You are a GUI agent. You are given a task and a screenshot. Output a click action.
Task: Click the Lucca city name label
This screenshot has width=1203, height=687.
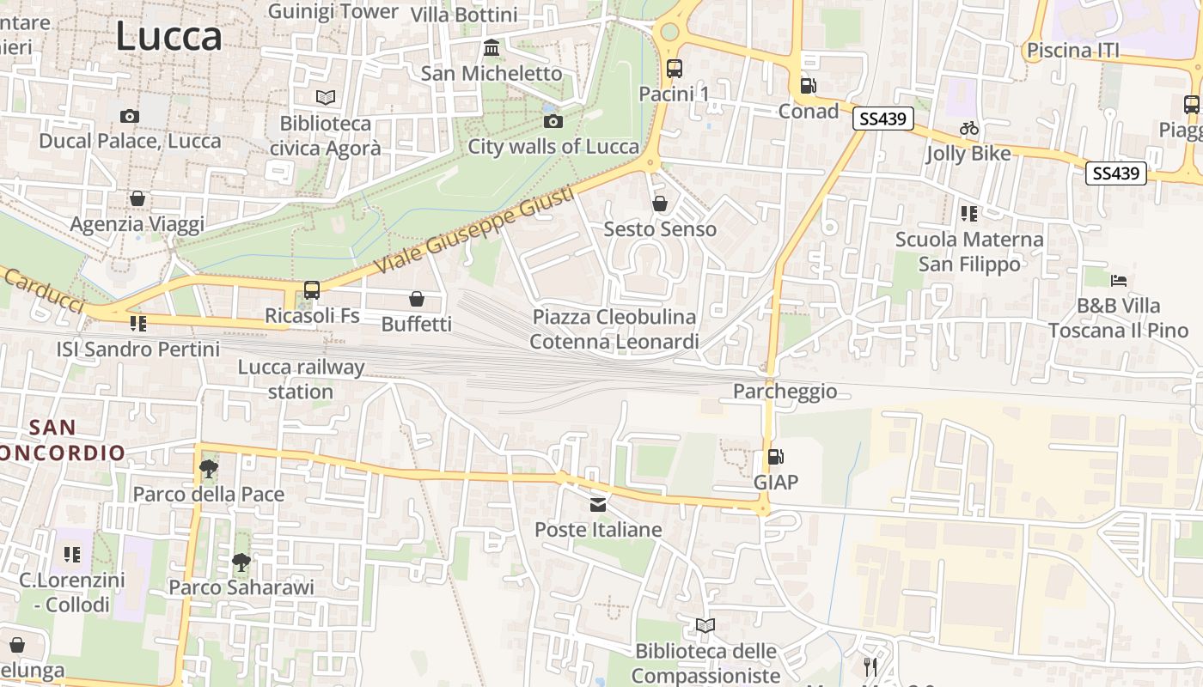point(168,36)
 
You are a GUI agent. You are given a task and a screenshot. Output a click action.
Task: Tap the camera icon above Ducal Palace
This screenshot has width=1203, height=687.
point(130,116)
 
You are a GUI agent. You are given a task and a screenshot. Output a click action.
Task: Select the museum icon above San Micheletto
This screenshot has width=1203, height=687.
point(492,47)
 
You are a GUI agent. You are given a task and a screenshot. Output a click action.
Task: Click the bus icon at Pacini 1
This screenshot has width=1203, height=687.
point(675,69)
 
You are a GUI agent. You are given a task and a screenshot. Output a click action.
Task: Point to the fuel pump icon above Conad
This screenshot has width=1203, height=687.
point(808,85)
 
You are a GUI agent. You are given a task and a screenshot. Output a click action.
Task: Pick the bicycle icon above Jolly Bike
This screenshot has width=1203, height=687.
point(969,128)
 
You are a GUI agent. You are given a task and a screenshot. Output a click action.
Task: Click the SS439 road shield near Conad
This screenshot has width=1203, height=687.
point(882,119)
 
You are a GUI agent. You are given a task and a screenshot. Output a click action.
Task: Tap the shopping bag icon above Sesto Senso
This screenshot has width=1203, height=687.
point(660,204)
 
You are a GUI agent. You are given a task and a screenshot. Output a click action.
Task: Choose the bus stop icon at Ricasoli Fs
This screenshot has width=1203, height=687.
point(312,290)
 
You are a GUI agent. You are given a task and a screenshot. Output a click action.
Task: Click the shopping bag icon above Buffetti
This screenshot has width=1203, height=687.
point(417,299)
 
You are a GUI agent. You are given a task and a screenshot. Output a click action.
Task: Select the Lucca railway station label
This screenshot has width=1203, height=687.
point(301,380)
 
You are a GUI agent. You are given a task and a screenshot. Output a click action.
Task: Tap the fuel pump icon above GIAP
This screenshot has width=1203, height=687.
point(776,457)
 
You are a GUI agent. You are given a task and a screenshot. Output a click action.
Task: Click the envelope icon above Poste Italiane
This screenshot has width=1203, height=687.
point(598,504)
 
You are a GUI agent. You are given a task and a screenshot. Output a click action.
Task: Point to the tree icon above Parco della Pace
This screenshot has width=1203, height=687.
point(208,469)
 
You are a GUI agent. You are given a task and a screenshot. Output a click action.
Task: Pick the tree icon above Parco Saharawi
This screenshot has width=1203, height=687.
point(241,562)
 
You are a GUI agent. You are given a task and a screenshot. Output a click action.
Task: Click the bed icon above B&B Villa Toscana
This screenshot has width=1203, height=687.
point(1118,280)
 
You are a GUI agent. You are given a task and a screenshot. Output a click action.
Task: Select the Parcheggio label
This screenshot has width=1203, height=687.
point(785,392)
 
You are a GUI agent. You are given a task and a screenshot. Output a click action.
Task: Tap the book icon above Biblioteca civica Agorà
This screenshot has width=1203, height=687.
point(326,98)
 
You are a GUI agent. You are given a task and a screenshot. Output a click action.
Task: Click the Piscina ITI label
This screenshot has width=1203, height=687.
point(1073,51)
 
